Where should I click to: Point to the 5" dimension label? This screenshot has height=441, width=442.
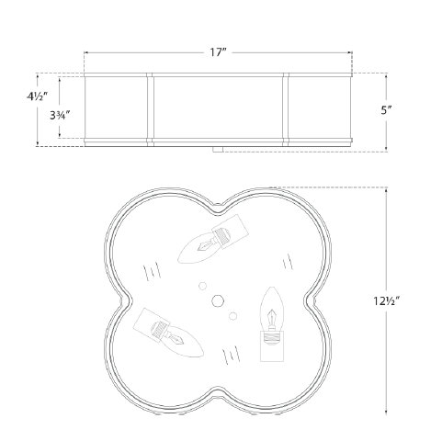click(388, 109)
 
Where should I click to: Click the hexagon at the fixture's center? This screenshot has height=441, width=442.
click(219, 300)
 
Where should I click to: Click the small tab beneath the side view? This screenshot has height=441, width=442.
click(220, 147)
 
